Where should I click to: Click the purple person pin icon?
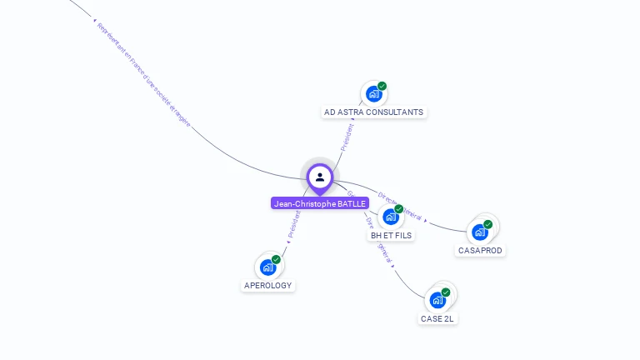coord(320,177)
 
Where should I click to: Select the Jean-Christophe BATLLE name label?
coord(320,203)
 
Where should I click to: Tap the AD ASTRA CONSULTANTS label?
coord(373,112)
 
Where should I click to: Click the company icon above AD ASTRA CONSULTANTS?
coord(373,94)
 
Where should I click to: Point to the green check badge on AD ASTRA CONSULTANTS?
coord(382,86)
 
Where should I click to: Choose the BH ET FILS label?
coord(391,235)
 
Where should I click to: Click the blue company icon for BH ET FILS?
coord(390,217)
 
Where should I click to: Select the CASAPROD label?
coord(481,250)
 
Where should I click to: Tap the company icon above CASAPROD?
coord(480,232)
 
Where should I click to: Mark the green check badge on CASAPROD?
coord(488,224)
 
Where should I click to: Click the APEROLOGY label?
coord(267,285)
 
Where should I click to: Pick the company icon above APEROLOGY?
coord(267,267)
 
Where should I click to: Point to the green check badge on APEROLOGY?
coord(276,259)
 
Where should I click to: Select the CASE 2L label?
coord(437,318)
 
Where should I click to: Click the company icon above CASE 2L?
coord(437,300)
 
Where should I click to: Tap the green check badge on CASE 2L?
coord(446,292)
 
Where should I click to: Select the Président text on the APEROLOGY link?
coord(293,224)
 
